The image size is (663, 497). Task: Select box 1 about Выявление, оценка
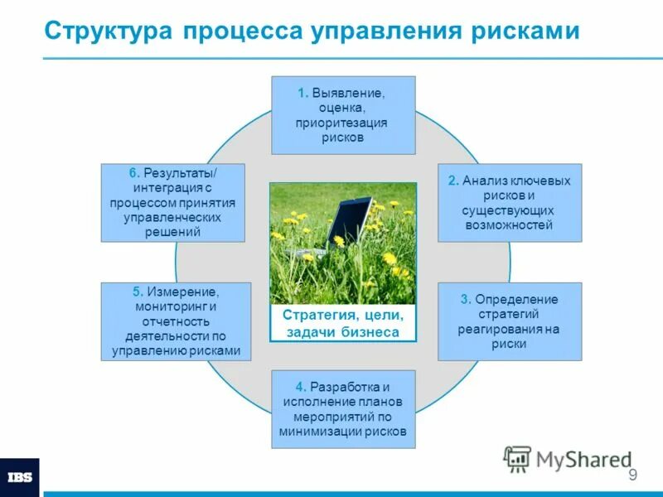tap(343, 115)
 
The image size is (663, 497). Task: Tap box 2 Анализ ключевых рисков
tap(509, 203)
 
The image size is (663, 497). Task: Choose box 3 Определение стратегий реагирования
tap(509, 321)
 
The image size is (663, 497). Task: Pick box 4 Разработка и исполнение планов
tap(343, 409)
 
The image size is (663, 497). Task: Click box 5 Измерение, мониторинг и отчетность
tap(176, 321)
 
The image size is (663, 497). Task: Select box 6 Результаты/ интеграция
tap(173, 203)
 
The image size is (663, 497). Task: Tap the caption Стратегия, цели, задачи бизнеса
tap(343, 324)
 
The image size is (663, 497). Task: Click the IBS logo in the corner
tap(19, 478)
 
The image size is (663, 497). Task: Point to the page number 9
tap(632, 475)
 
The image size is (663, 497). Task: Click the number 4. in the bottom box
tap(301, 387)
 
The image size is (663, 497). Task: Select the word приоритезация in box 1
tap(342, 123)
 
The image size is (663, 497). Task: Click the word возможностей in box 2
tap(509, 224)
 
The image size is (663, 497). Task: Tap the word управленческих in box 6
tap(172, 218)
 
